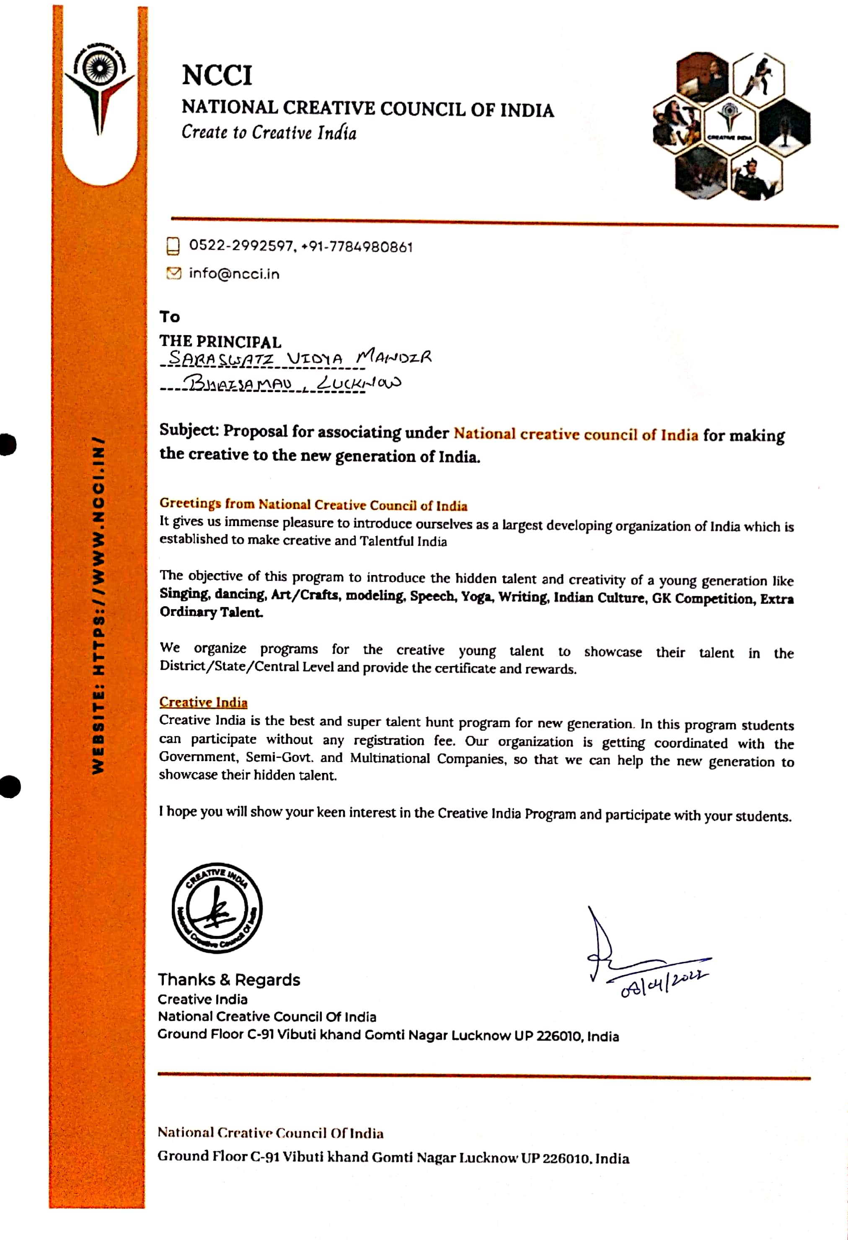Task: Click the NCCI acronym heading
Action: coord(217,75)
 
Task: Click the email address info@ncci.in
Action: coord(234,274)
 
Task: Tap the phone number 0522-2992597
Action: coord(240,245)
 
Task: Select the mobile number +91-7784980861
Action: coord(357,247)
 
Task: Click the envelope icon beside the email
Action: coord(173,273)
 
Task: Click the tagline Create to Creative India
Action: coord(269,132)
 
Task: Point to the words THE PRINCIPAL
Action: coord(220,341)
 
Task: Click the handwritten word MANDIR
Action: coord(394,356)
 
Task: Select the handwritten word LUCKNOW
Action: coord(358,383)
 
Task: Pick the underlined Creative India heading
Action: coord(203,702)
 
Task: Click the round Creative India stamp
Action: coord(217,908)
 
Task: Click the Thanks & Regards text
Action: coord(229,979)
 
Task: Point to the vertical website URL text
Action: coord(99,606)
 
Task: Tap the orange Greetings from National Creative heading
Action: coord(313,504)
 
